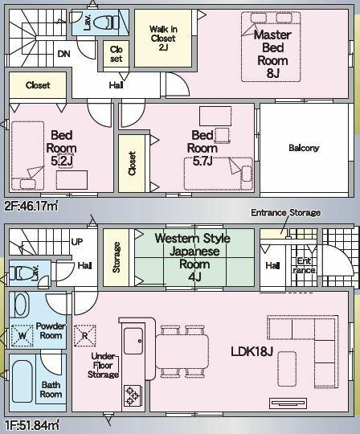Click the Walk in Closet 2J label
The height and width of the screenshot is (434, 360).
click(163, 39)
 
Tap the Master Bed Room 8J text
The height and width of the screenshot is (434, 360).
click(272, 54)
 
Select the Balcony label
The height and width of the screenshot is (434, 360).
click(304, 148)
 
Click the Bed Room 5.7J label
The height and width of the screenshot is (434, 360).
click(202, 148)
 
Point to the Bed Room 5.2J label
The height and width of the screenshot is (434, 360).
click(61, 148)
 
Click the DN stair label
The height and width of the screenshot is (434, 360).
click(63, 54)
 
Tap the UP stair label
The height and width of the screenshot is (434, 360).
click(77, 242)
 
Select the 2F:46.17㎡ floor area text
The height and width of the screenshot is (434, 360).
click(31, 207)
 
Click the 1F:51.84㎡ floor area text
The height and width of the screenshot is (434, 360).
click(31, 425)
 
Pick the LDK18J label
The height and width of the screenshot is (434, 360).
click(252, 351)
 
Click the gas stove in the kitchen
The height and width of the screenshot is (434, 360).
click(133, 396)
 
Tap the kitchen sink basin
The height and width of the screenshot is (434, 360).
click(133, 341)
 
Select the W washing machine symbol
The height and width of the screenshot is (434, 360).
click(22, 336)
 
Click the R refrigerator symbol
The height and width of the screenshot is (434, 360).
click(85, 336)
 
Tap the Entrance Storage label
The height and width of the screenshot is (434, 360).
click(285, 212)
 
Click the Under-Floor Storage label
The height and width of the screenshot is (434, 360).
click(103, 366)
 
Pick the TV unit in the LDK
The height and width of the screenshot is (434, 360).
click(288, 403)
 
